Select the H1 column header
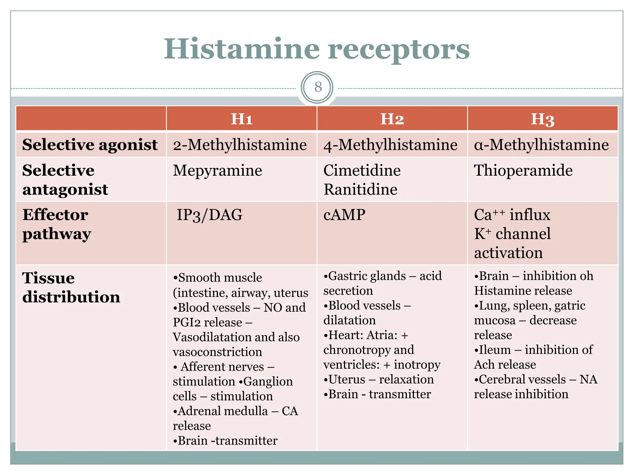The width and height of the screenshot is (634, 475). (242, 119)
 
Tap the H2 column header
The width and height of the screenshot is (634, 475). (392, 119)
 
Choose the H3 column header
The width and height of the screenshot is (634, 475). (542, 119)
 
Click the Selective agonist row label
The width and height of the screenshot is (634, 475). (90, 145)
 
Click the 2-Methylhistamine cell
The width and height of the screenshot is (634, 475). (240, 145)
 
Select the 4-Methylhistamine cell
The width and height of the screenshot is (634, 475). (390, 145)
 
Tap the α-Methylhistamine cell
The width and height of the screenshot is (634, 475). (541, 145)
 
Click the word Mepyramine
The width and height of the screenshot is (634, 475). (217, 170)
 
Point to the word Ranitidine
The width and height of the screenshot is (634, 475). (360, 189)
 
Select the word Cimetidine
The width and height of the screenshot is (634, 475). (362, 170)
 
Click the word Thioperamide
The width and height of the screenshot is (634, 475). (523, 170)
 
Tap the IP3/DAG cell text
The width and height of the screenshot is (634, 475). (209, 215)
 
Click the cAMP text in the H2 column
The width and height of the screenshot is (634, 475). (344, 215)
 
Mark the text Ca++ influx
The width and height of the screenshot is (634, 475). (512, 215)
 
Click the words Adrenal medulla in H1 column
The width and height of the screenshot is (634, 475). (223, 411)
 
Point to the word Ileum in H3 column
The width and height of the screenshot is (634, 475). (495, 350)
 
